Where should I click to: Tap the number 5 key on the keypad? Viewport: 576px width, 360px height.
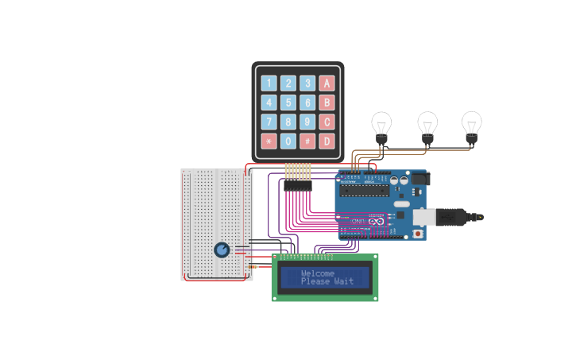pyautogui.click(x=288, y=103)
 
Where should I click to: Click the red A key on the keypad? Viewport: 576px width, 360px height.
pyautogui.click(x=327, y=83)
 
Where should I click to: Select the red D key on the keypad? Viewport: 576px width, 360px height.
pyautogui.click(x=327, y=141)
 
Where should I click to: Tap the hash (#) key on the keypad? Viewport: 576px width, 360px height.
pyautogui.click(x=307, y=141)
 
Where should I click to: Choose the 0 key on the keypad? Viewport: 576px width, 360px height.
pyautogui.click(x=288, y=141)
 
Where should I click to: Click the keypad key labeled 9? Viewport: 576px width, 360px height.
pyautogui.click(x=307, y=122)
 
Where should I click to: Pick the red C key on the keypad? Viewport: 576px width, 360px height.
pyautogui.click(x=327, y=122)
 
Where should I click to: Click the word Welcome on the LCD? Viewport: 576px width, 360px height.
pyautogui.click(x=318, y=273)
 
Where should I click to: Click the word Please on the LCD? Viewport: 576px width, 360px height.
pyautogui.click(x=315, y=281)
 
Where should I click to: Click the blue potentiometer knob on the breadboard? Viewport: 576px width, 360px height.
pyautogui.click(x=222, y=250)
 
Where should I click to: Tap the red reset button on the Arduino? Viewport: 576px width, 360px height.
pyautogui.click(x=418, y=234)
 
